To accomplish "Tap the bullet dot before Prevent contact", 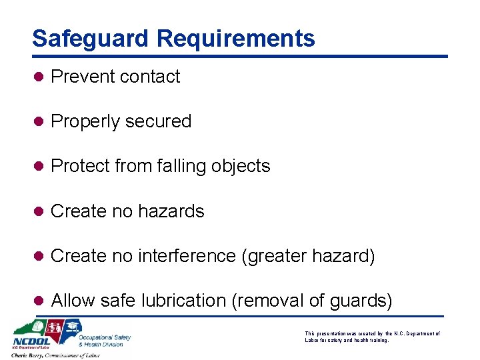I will pos(39,77).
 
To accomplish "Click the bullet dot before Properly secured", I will pos(39,121).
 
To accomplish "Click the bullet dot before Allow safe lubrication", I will pos(39,301).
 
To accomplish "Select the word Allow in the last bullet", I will pos(73,301).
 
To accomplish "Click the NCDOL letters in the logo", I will pos(30,341).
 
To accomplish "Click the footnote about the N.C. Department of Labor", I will pos(372,337).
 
